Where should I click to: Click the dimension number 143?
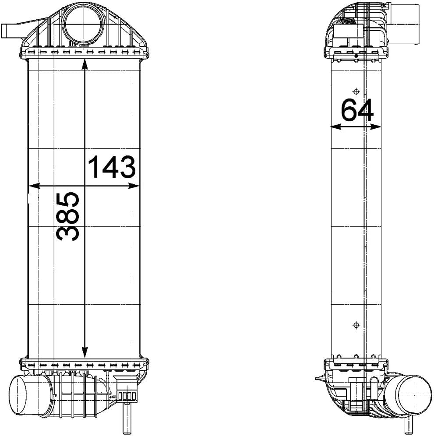click(112, 167)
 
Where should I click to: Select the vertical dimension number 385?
click(68, 216)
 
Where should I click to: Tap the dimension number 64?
click(357, 110)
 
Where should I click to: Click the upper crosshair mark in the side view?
click(356, 91)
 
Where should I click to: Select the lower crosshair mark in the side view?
click(356, 325)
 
